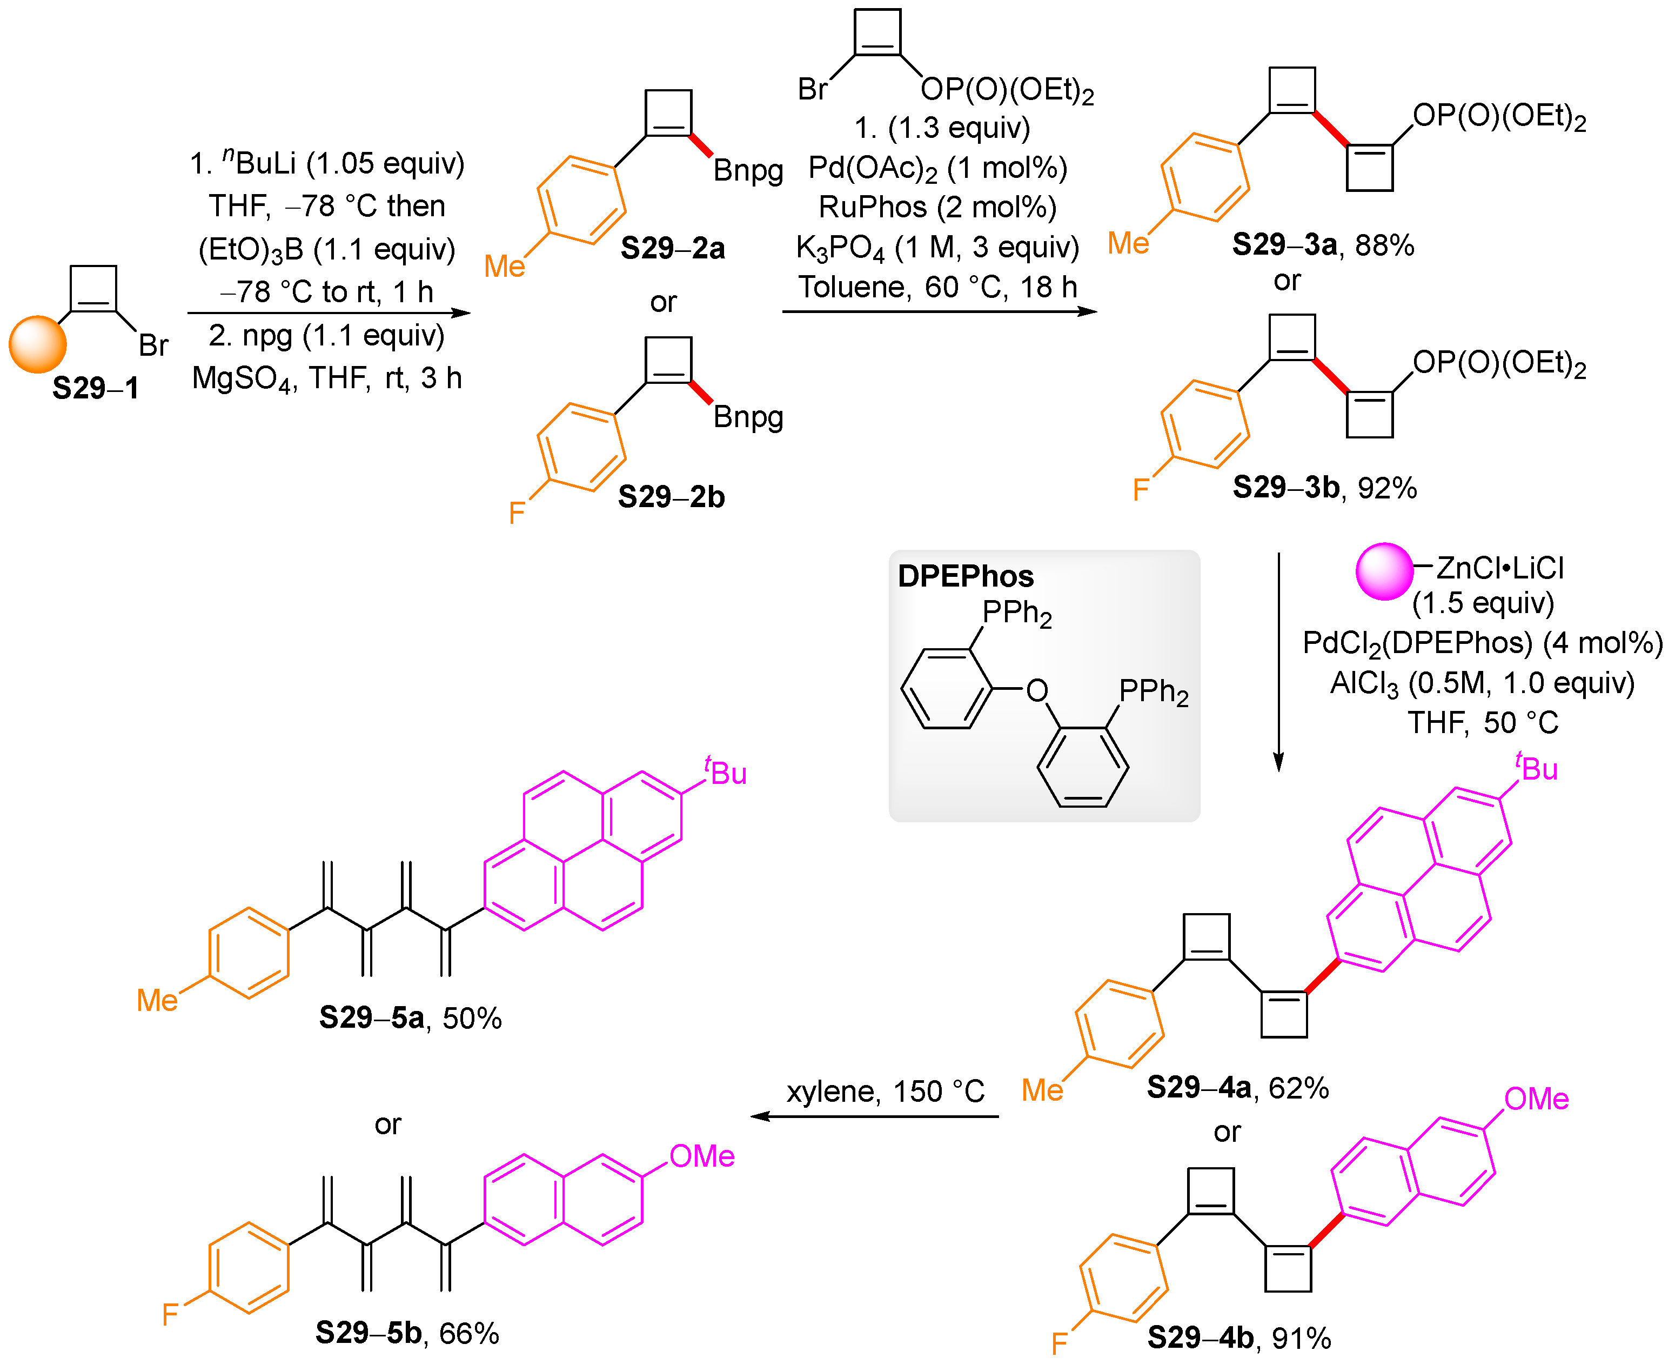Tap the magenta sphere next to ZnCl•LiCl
click(1384, 571)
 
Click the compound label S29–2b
click(671, 497)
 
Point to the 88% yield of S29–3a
click(1384, 245)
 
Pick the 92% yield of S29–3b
click(1387, 488)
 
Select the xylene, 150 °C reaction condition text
click(885, 1092)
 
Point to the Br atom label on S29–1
click(153, 345)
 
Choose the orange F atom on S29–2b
click(516, 513)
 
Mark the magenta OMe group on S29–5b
click(701, 1156)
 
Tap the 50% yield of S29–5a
click(472, 1019)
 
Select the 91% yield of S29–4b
click(1301, 1338)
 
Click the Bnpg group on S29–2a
click(748, 170)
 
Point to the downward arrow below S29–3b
click(1278, 660)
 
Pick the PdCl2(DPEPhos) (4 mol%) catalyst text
click(1482, 643)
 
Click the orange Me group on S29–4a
click(1042, 1090)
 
